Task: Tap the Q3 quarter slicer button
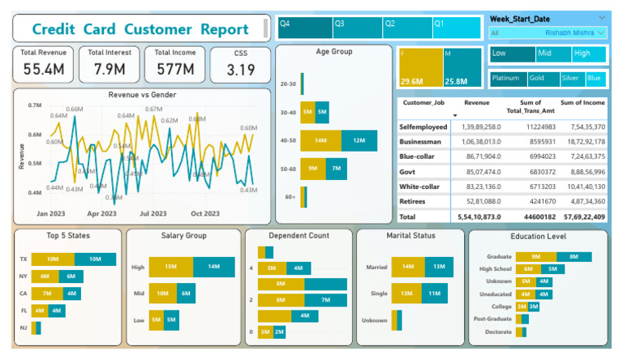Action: [x=357, y=26]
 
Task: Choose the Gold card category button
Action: [x=543, y=79]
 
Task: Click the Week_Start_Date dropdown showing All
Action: [x=548, y=33]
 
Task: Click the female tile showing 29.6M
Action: [x=420, y=68]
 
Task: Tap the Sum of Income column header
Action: [x=582, y=103]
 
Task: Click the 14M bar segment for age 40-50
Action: [x=320, y=140]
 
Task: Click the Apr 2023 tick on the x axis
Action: [x=104, y=214]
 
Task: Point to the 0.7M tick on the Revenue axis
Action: [x=34, y=105]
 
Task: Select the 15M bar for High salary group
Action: [x=171, y=267]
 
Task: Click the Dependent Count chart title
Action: [x=299, y=236]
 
